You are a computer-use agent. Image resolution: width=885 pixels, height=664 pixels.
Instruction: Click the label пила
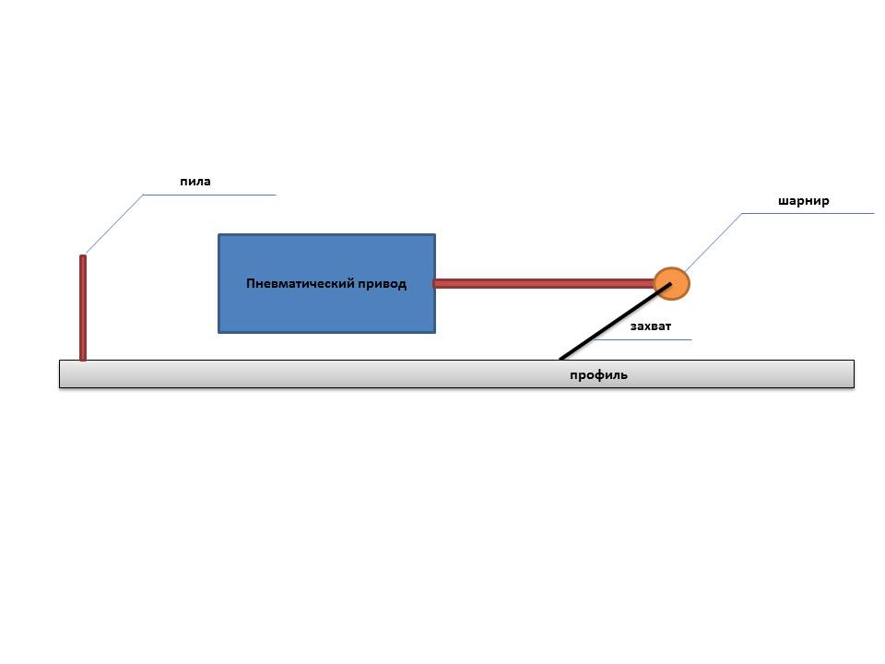pyautogui.click(x=195, y=182)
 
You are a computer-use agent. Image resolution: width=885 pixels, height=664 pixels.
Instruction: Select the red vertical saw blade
pyautogui.click(x=83, y=309)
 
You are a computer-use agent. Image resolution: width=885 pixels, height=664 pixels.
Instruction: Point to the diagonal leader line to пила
pyautogui.click(x=113, y=224)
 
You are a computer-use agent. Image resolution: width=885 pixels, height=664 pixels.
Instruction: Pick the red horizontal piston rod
pyautogui.click(x=544, y=283)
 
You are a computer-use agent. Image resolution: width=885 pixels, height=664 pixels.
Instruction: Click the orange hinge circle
pyautogui.click(x=672, y=283)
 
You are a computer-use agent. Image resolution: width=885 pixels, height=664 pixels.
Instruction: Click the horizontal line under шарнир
pyautogui.click(x=808, y=213)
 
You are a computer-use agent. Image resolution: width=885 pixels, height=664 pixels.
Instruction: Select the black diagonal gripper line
pyautogui.click(x=608, y=324)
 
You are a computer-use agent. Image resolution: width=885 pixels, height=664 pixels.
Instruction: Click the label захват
pyautogui.click(x=650, y=326)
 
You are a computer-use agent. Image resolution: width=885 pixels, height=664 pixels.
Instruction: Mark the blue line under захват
pyautogui.click(x=645, y=339)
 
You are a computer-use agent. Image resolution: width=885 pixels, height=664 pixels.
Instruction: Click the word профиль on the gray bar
pyautogui.click(x=598, y=375)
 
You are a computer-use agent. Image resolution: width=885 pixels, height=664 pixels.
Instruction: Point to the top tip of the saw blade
pyautogui.click(x=83, y=257)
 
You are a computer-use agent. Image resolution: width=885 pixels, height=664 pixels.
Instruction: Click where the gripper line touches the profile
pyautogui.click(x=560, y=358)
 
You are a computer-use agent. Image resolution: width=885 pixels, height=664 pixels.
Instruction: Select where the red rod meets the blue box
pyautogui.click(x=436, y=283)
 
